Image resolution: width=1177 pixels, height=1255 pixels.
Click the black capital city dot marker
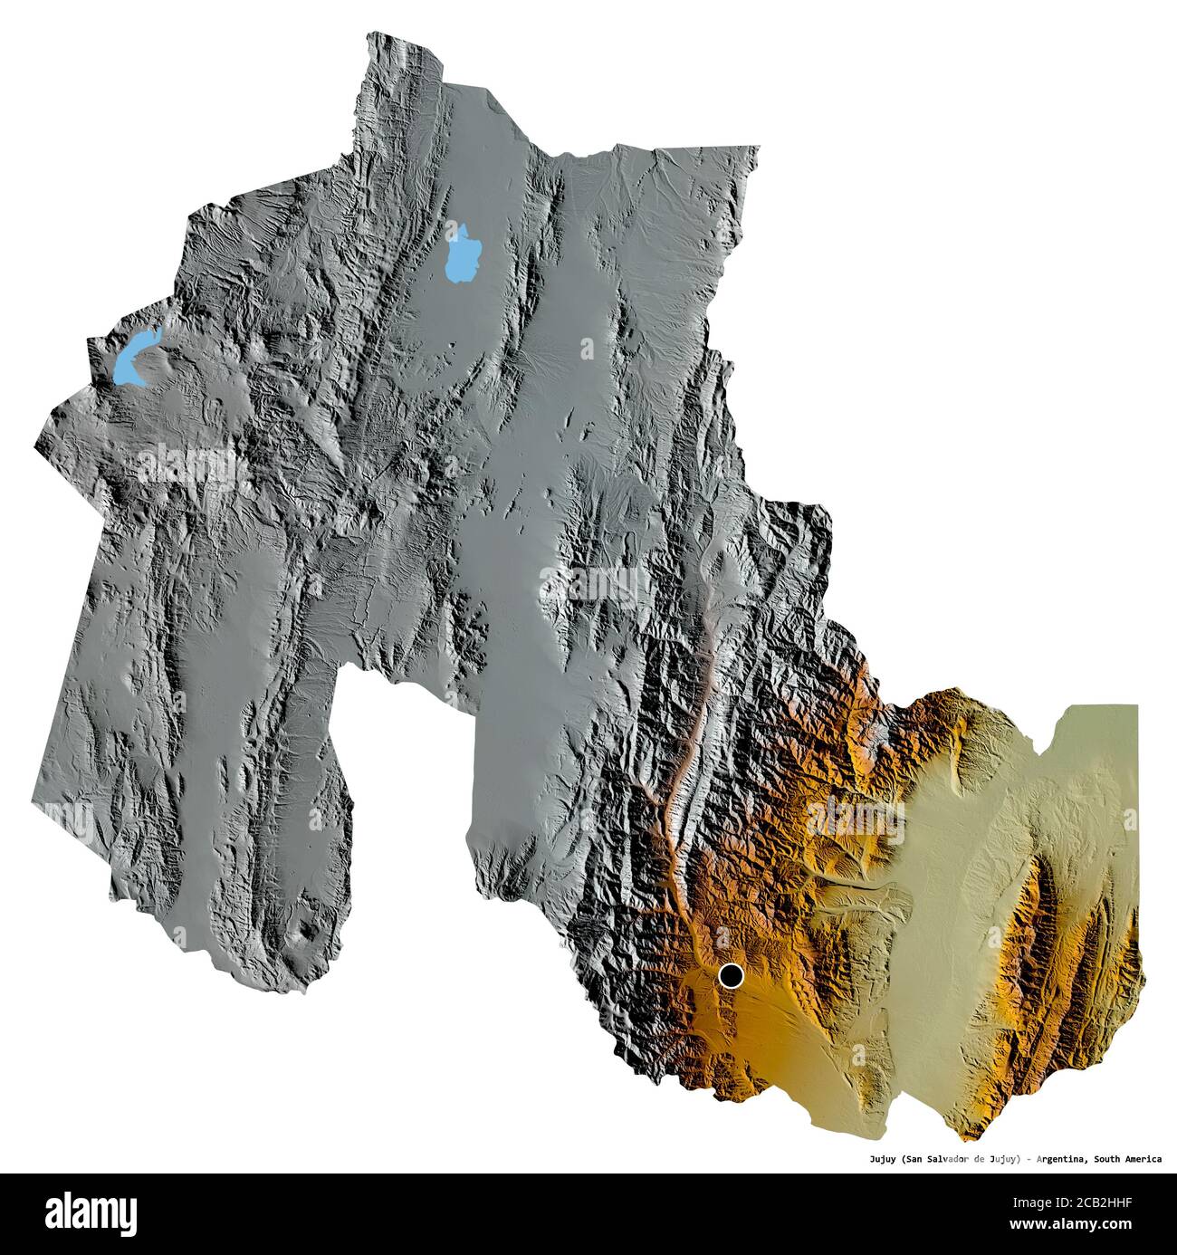(731, 975)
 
